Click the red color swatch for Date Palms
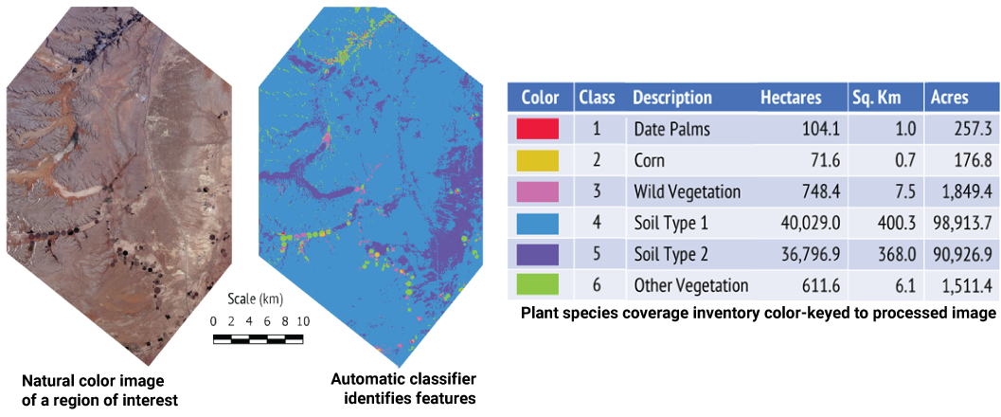[x=537, y=129]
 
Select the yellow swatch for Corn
[x=537, y=160]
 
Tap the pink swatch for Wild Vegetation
[x=537, y=191]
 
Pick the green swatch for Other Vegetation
[x=537, y=285]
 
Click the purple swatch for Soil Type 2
[x=537, y=254]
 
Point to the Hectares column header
[x=792, y=99]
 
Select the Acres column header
[x=949, y=99]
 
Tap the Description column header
[x=672, y=99]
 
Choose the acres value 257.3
[x=967, y=130]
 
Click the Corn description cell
[x=650, y=161]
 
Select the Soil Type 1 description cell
[x=670, y=224]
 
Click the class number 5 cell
[x=597, y=255]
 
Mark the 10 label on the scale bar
[x=303, y=320]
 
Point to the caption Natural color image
[x=93, y=382]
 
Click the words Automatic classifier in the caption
[x=403, y=381]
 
